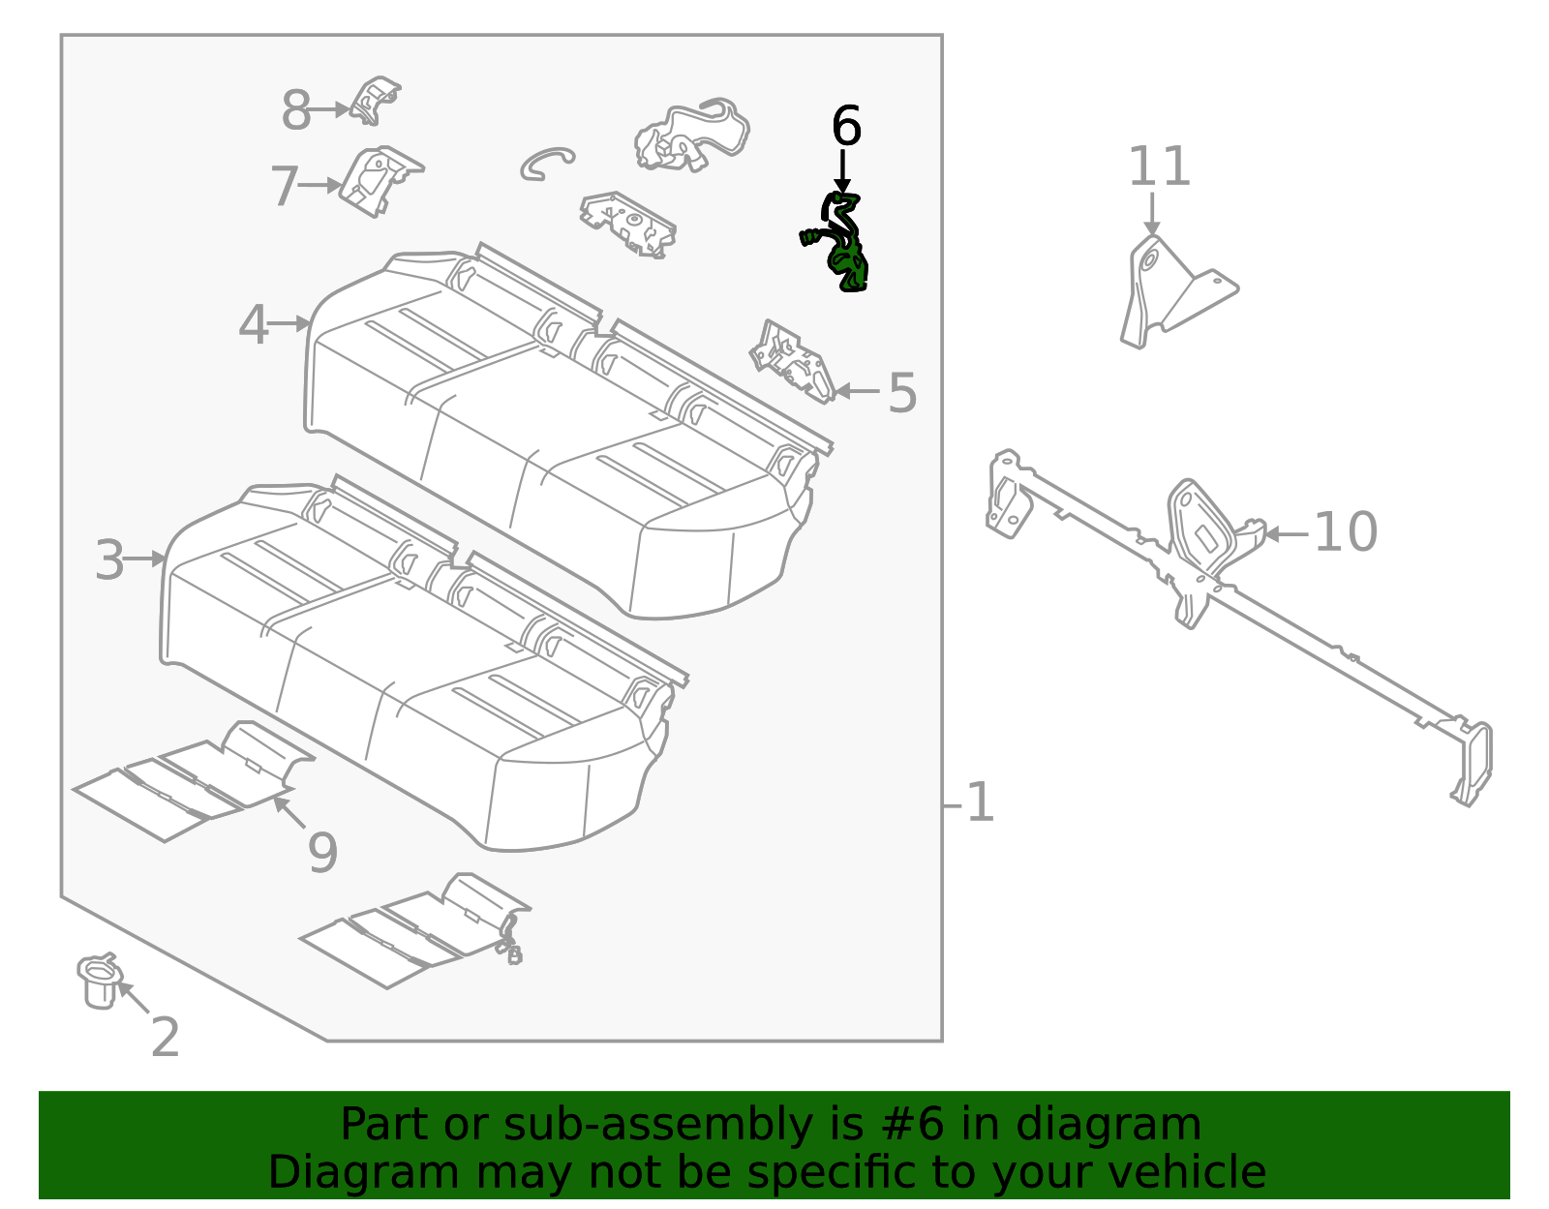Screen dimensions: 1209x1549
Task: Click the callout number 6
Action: [846, 127]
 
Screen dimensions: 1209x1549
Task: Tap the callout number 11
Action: [1159, 166]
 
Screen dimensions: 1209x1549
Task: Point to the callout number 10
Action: [1345, 532]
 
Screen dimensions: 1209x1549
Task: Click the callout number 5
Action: [901, 393]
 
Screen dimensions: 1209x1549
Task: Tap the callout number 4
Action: [253, 324]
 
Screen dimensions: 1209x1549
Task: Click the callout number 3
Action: [109, 560]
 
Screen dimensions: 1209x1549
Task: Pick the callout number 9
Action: [322, 853]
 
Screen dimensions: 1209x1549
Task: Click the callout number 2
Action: [166, 1038]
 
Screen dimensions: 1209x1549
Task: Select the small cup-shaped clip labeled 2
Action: [98, 981]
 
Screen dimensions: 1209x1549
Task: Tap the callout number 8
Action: [296, 110]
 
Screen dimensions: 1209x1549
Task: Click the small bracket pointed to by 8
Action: [375, 101]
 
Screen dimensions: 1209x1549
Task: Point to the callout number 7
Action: [284, 186]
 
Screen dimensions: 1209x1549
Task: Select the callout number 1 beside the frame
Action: [980, 803]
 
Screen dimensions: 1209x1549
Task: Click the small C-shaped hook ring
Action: [545, 163]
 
